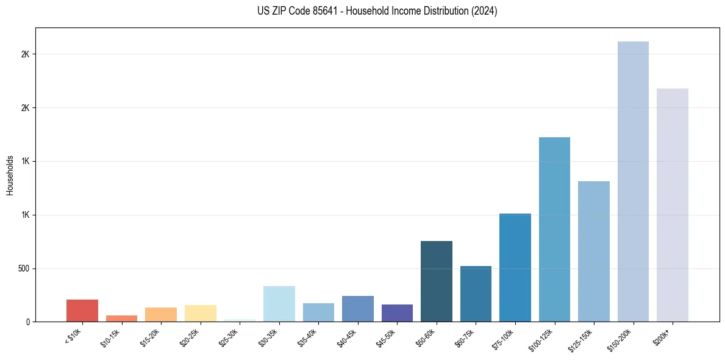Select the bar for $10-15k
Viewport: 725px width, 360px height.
pos(121,319)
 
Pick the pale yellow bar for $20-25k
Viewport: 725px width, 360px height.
pos(201,314)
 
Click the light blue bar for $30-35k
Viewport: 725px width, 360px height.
pos(279,304)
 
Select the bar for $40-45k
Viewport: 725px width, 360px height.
pos(358,309)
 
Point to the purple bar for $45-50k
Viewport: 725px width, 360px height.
pos(397,313)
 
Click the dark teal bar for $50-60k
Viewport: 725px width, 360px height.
pos(437,281)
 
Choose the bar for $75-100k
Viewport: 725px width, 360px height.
pos(515,268)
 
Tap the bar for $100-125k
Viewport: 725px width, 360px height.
pos(554,229)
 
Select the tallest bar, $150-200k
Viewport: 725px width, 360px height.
pos(633,182)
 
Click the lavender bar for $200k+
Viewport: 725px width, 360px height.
pos(673,205)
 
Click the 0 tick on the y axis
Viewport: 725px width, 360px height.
pos(28,322)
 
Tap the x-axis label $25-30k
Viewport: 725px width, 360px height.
pos(227,337)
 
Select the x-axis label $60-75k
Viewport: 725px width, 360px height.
pos(463,337)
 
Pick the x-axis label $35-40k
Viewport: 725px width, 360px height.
pos(306,337)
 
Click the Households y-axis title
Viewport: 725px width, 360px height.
pos(10,175)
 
